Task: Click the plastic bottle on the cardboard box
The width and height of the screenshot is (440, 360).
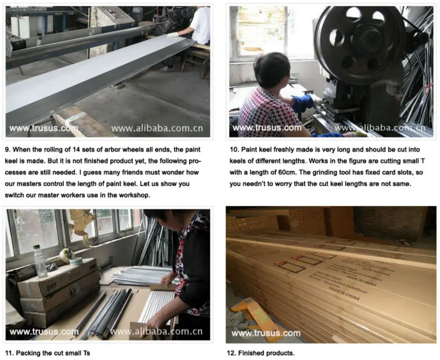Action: pos(40,261)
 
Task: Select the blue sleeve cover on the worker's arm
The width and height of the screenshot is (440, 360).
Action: pos(302,102)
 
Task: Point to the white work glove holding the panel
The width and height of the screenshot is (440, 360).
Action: pos(172,35)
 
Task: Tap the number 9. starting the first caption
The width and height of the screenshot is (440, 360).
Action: pos(8,149)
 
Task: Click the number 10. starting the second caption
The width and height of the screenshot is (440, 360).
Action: pos(234,149)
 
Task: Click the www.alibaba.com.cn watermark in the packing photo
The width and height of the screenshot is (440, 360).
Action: pos(157,331)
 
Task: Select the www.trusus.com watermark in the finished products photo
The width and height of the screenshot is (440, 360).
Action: pos(266,333)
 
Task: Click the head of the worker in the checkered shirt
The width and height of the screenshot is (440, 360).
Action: pos(272,70)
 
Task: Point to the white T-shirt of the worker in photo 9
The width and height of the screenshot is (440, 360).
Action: pos(200,25)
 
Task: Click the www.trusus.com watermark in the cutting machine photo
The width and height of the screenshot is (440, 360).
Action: pos(267,128)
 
